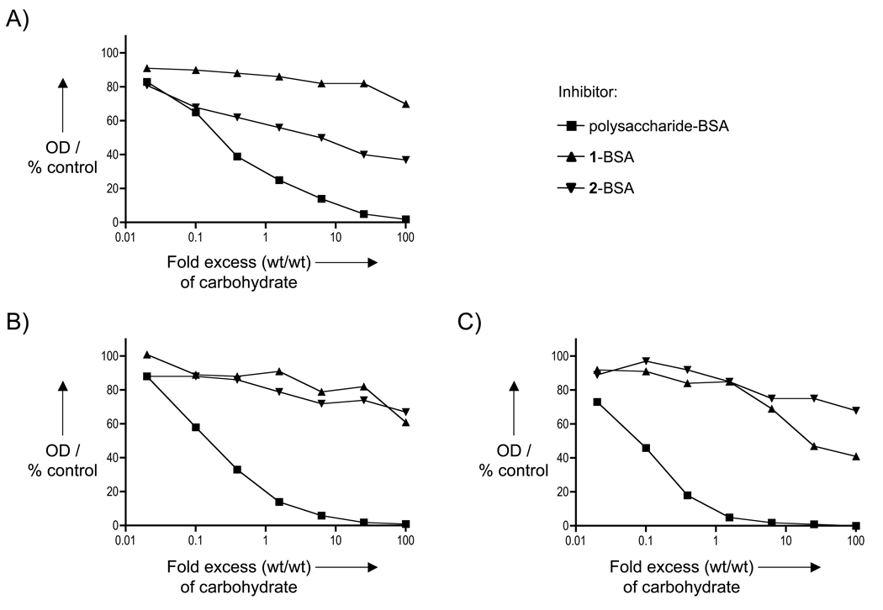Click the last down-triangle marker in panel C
click(854, 411)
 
